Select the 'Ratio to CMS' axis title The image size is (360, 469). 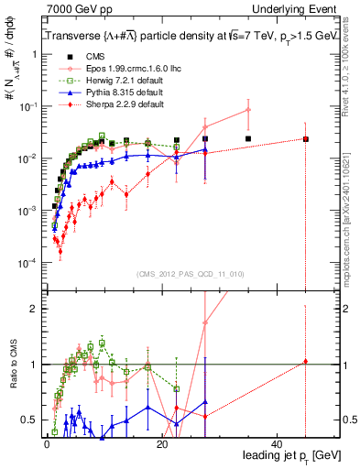click(16, 364)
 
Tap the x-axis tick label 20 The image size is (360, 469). click(162, 442)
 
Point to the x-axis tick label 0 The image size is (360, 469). click(46, 442)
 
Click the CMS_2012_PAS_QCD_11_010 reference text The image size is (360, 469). click(191, 273)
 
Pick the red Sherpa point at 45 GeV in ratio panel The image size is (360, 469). click(306, 362)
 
